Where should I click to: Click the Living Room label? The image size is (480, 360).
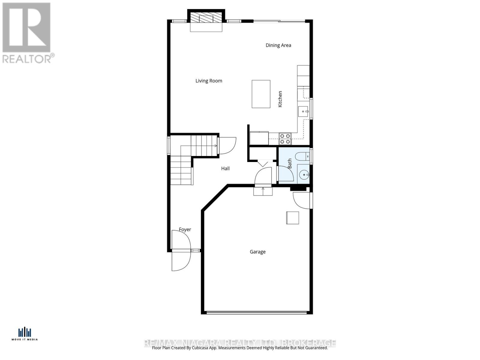pyautogui.click(x=209, y=81)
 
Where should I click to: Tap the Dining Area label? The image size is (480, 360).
pyautogui.click(x=278, y=45)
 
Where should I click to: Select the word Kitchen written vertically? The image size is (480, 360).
pyautogui.click(x=280, y=99)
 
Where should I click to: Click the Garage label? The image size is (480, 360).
pyautogui.click(x=258, y=252)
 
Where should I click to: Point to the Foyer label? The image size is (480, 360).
pyautogui.click(x=185, y=229)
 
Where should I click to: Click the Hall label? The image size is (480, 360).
pyautogui.click(x=225, y=169)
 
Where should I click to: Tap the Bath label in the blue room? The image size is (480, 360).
pyautogui.click(x=290, y=163)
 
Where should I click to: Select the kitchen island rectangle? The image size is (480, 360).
pyautogui.click(x=261, y=94)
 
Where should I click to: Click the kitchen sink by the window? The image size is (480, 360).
pyautogui.click(x=303, y=112)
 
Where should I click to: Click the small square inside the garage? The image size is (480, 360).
pyautogui.click(x=292, y=218)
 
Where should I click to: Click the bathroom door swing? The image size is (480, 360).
pyautogui.click(x=286, y=174)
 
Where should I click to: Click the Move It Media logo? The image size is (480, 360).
pyautogui.click(x=25, y=334)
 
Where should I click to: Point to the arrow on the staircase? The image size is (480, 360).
pyautogui.click(x=215, y=146)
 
